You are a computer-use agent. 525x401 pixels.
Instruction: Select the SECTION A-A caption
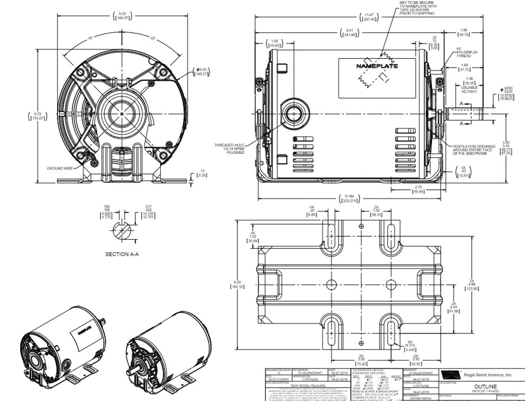point(122,254)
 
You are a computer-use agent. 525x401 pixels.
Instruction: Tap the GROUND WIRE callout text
point(60,168)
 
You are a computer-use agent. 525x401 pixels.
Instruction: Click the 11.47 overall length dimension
point(369,17)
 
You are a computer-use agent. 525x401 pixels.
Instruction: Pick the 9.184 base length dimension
point(350,199)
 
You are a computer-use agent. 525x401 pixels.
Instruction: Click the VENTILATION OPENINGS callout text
point(474,150)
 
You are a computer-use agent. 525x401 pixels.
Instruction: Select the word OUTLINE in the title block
point(485,386)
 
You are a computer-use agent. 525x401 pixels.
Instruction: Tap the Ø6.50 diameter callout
point(201,73)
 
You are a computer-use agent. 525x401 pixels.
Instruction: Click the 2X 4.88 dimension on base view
point(472,286)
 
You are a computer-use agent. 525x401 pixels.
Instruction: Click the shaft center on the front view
point(123,113)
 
